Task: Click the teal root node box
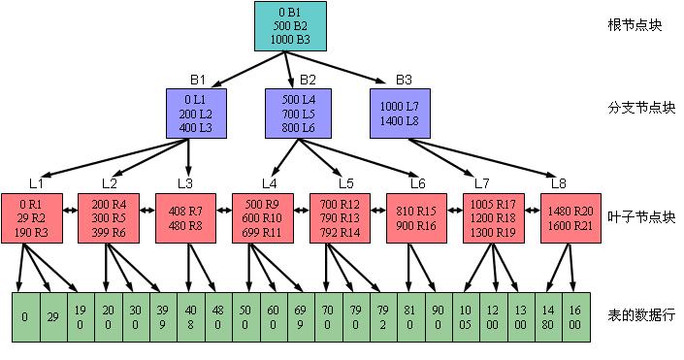(290, 26)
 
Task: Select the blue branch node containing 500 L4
(299, 114)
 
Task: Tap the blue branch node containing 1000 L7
(400, 114)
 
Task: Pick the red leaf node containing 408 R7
(186, 218)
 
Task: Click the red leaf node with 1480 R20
(570, 218)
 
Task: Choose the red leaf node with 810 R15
(416, 218)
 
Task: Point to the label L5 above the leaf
(346, 183)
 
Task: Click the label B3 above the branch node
(404, 80)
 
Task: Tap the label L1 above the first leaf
(36, 183)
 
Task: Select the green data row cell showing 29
(53, 316)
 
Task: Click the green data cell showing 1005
(466, 316)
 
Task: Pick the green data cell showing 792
(383, 316)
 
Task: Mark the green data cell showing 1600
(575, 316)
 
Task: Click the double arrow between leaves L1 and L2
(70, 211)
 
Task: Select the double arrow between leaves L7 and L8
(532, 211)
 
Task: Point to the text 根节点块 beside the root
(635, 25)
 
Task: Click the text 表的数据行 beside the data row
(641, 315)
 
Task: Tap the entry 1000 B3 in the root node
(290, 39)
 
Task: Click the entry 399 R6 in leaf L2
(109, 232)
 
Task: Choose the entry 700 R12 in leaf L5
(340, 204)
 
